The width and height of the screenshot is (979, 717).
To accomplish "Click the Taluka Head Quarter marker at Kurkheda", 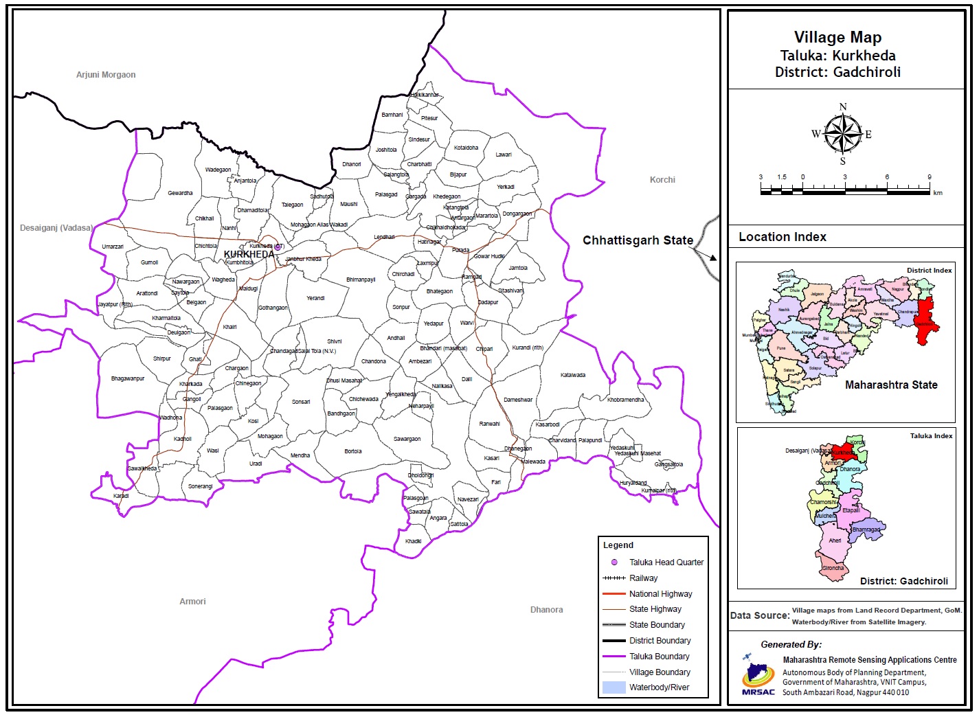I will pyautogui.click(x=278, y=247).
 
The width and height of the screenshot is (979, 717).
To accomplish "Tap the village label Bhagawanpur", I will pyautogui.click(x=128, y=378).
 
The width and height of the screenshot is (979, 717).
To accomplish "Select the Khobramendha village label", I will pyautogui.click(x=625, y=400).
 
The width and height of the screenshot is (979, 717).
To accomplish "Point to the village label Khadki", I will pyautogui.click(x=413, y=541).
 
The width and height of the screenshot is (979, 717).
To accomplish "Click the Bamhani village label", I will pyautogui.click(x=392, y=115).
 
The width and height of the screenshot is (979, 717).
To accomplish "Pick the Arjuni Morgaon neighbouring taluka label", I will pyautogui.click(x=106, y=75).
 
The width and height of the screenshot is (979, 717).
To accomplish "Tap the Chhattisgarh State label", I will pyautogui.click(x=638, y=240).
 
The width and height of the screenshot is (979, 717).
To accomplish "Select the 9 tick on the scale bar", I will pyautogui.click(x=930, y=177).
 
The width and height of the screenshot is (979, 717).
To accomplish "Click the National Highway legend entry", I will pyautogui.click(x=660, y=594).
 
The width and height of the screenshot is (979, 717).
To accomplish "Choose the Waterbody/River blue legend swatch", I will pyautogui.click(x=614, y=687).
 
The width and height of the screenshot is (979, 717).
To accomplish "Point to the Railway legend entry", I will pyautogui.click(x=643, y=578).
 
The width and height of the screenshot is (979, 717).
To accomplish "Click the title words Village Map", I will pyautogui.click(x=837, y=38).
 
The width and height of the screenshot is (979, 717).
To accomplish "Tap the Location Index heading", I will pyautogui.click(x=782, y=237).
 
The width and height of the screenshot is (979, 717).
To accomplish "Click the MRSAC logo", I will pyautogui.click(x=758, y=674).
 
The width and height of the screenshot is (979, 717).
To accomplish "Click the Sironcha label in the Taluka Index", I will pyautogui.click(x=833, y=568).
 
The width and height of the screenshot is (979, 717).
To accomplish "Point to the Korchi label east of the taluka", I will pyautogui.click(x=662, y=180).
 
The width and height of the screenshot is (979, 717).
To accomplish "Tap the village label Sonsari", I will pyautogui.click(x=301, y=402).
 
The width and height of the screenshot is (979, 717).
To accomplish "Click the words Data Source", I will pyautogui.click(x=759, y=615).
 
